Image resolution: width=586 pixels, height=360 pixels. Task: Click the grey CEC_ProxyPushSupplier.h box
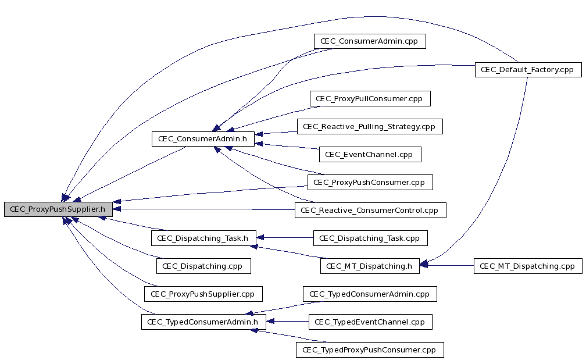58,209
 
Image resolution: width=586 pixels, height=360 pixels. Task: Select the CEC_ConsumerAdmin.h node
203,138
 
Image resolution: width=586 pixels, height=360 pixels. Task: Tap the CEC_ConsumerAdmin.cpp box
370,41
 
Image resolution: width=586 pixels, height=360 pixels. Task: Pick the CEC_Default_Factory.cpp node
528,70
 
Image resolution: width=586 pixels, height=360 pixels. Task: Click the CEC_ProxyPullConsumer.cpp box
370,99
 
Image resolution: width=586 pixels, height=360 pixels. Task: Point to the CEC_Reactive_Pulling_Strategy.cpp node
370,126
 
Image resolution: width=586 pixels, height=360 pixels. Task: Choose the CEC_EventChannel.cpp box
370,154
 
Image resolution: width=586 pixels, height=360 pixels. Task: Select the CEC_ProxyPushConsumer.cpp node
370,183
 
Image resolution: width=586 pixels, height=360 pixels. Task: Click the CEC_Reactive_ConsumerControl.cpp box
370,210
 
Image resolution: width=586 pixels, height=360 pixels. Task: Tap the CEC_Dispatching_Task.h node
203,238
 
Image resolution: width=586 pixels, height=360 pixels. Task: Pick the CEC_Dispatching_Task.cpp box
370,238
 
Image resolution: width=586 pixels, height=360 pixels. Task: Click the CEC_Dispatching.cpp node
203,266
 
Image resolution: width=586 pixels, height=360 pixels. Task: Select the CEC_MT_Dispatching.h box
370,266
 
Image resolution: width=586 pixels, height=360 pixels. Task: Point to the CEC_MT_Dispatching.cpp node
528,266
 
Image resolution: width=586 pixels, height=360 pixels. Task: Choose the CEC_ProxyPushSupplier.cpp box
203,294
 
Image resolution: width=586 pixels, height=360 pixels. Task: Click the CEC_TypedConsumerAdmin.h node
203,322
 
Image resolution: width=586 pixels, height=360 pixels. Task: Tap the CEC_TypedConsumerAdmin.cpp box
370,294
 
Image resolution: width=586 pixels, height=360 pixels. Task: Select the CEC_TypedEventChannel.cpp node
370,322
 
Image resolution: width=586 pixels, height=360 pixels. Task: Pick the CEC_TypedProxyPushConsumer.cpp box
370,350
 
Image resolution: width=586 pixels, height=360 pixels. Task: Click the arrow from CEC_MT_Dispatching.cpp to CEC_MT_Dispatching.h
446,265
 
